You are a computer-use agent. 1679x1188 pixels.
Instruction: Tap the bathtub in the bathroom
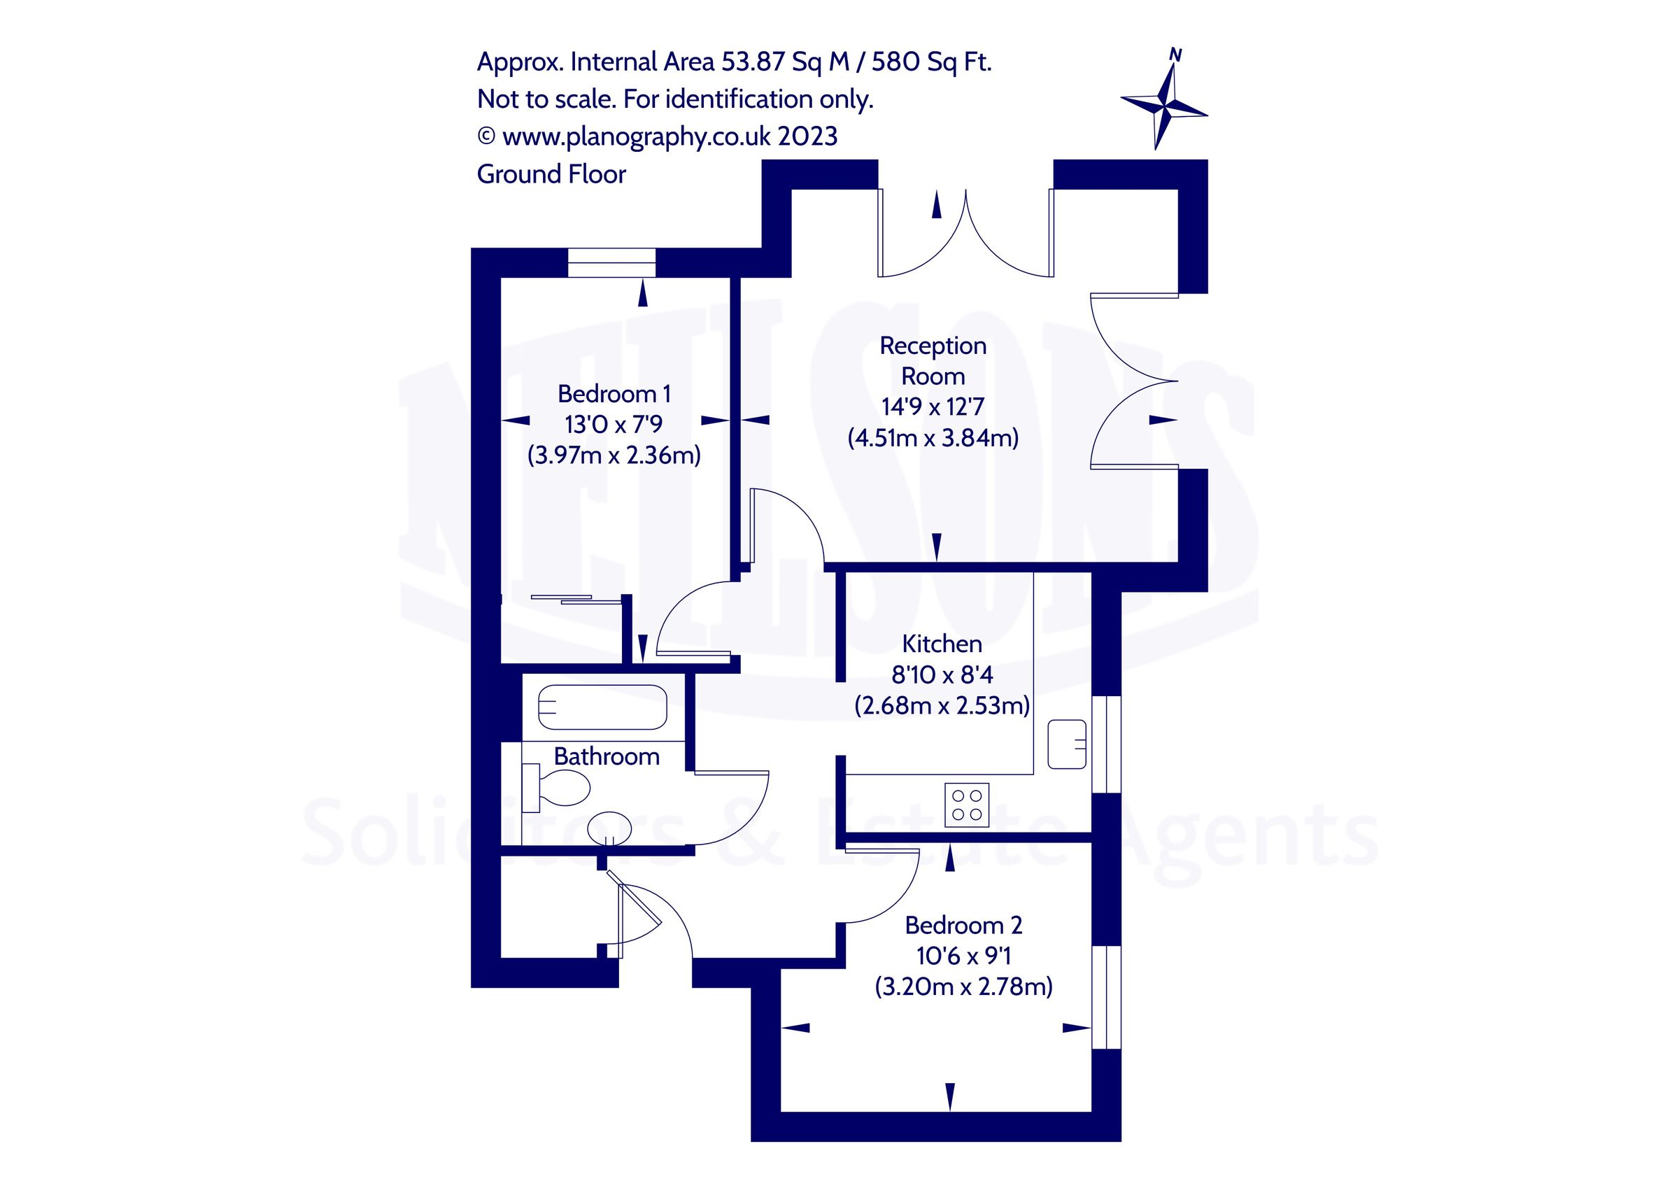click(602, 707)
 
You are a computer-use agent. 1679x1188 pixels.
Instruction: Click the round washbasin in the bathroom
click(609, 829)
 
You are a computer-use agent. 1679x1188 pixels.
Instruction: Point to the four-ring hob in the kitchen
click(967, 805)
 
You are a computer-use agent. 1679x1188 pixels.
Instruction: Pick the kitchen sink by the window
click(1067, 744)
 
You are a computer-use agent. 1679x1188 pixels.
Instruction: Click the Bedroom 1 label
click(614, 395)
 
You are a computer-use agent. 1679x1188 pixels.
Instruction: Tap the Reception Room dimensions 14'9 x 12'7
click(933, 406)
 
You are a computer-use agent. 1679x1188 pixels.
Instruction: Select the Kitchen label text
click(942, 644)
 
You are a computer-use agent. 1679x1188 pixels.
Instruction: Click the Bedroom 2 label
click(963, 926)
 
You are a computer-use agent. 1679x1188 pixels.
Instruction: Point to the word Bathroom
click(607, 756)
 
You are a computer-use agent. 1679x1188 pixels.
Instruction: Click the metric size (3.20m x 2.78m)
click(963, 987)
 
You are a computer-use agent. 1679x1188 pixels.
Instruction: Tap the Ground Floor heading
click(551, 174)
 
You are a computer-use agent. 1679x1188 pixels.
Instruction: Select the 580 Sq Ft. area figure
click(931, 62)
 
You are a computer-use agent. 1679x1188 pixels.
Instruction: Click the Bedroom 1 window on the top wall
click(611, 263)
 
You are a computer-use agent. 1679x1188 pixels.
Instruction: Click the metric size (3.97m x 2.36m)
click(614, 455)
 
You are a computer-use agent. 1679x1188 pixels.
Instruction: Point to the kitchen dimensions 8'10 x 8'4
click(942, 674)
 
